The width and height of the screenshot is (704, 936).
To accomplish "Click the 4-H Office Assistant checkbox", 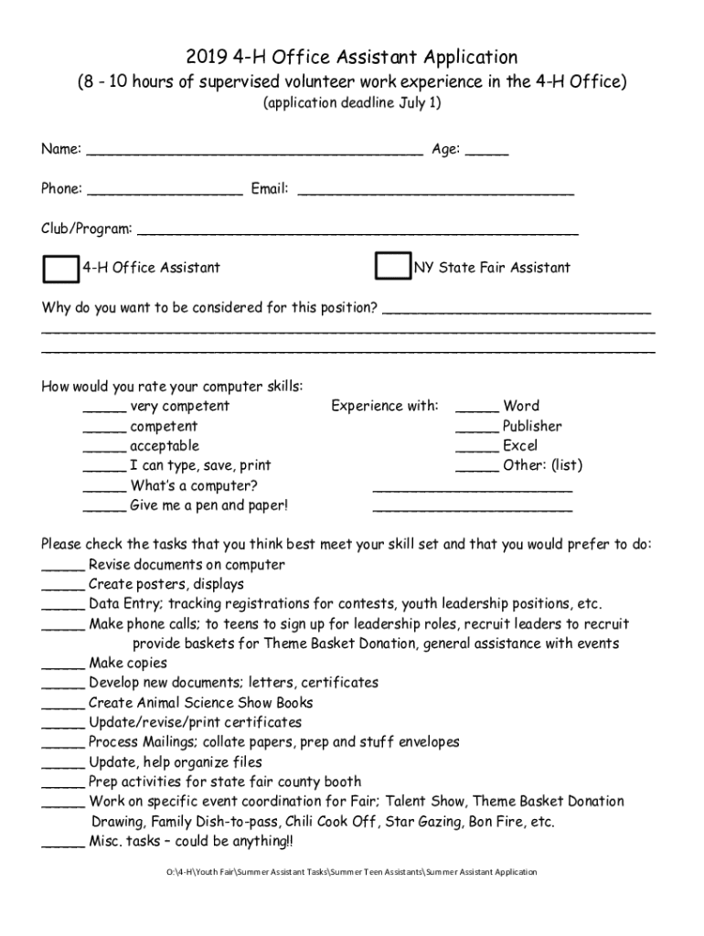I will pyautogui.click(x=61, y=269).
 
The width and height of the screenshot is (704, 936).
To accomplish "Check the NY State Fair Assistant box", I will pyautogui.click(x=393, y=267).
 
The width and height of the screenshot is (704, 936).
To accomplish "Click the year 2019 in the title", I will pyautogui.click(x=208, y=58).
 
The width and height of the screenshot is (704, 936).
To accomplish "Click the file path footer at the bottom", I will pyautogui.click(x=351, y=872).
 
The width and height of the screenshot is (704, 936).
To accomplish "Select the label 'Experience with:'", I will pyautogui.click(x=385, y=406).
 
